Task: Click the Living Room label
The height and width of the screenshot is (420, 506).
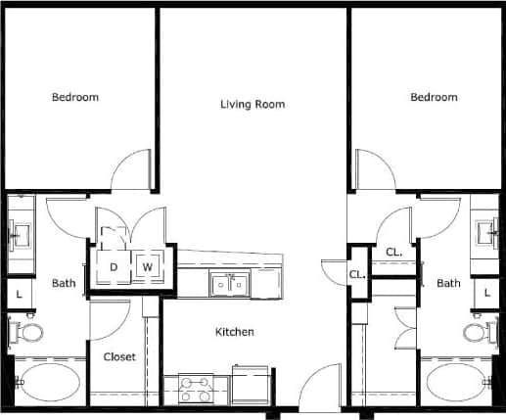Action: pyautogui.click(x=252, y=104)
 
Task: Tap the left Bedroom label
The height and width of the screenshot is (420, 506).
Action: pyautogui.click(x=74, y=97)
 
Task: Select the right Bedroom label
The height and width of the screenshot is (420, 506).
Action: pyautogui.click(x=434, y=97)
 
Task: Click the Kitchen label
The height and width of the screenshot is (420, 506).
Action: pyautogui.click(x=234, y=332)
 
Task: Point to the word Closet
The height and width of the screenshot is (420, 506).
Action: pyautogui.click(x=119, y=357)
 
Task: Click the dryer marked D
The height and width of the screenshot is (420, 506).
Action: pyautogui.click(x=114, y=266)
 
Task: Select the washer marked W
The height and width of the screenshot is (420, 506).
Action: pyautogui.click(x=148, y=266)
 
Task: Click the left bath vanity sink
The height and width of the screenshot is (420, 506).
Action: pyautogui.click(x=21, y=235)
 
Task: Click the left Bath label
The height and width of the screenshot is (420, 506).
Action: pyautogui.click(x=64, y=284)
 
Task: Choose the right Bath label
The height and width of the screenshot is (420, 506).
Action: pyautogui.click(x=448, y=284)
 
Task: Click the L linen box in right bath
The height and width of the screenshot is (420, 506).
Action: pyautogui.click(x=485, y=293)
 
